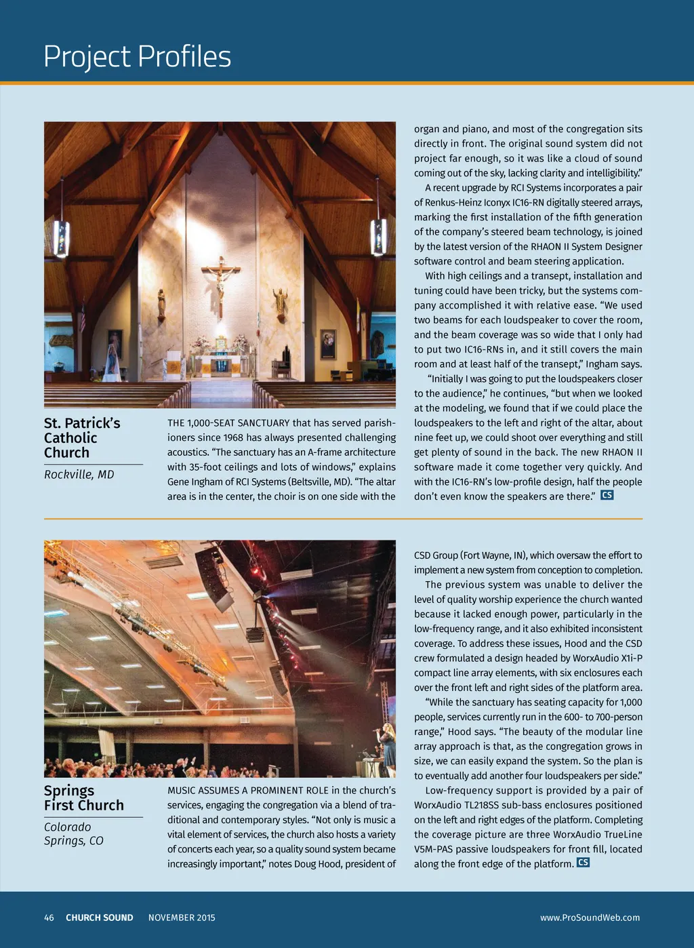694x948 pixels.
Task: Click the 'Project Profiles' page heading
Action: [137, 57]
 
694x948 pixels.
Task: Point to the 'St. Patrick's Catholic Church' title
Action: [82, 438]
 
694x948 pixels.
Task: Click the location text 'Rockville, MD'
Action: [79, 475]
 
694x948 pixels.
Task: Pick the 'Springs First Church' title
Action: [84, 798]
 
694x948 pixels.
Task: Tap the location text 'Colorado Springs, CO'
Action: [74, 834]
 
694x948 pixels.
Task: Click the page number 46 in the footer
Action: [49, 917]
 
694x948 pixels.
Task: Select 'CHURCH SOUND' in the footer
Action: [100, 917]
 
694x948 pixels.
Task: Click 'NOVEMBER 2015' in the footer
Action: [182, 917]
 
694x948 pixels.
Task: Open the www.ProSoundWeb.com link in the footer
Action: [590, 917]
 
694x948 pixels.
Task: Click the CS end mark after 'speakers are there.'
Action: [607, 495]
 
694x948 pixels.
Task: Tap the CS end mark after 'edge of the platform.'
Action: [583, 863]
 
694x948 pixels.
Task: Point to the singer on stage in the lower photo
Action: [388, 746]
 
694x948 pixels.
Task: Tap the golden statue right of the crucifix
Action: [279, 303]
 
